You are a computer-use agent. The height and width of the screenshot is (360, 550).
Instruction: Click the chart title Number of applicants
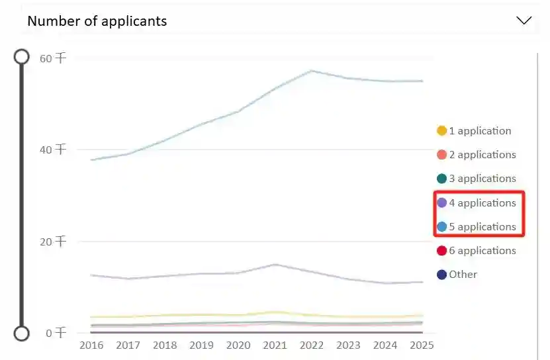[97, 21]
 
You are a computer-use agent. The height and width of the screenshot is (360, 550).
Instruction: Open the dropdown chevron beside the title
[524, 21]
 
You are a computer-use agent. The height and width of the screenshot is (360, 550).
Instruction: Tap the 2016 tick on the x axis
[91, 345]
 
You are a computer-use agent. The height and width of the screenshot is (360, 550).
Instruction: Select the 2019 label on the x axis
[201, 345]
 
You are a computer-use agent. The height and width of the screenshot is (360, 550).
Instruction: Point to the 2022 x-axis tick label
[312, 345]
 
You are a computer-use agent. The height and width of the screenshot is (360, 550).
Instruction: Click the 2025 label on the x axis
[422, 345]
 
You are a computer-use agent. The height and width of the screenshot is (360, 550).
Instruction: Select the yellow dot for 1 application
[441, 131]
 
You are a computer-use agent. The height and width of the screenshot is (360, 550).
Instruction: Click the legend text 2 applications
[482, 155]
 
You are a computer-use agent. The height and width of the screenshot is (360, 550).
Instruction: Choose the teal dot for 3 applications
[441, 179]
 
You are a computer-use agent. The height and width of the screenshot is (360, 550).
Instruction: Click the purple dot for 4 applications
[441, 202]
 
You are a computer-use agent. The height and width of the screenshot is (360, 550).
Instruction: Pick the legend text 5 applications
[482, 227]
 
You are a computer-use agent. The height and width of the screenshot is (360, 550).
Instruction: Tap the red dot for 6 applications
[441, 251]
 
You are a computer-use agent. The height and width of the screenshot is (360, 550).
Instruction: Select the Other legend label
[463, 275]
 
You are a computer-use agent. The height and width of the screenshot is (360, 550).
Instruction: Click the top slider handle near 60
[22, 56]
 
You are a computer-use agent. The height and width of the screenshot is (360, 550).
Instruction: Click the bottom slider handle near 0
[22, 332]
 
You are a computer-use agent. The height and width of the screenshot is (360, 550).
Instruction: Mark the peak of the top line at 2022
[312, 70]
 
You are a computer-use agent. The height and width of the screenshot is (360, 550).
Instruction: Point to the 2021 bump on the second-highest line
[275, 265]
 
